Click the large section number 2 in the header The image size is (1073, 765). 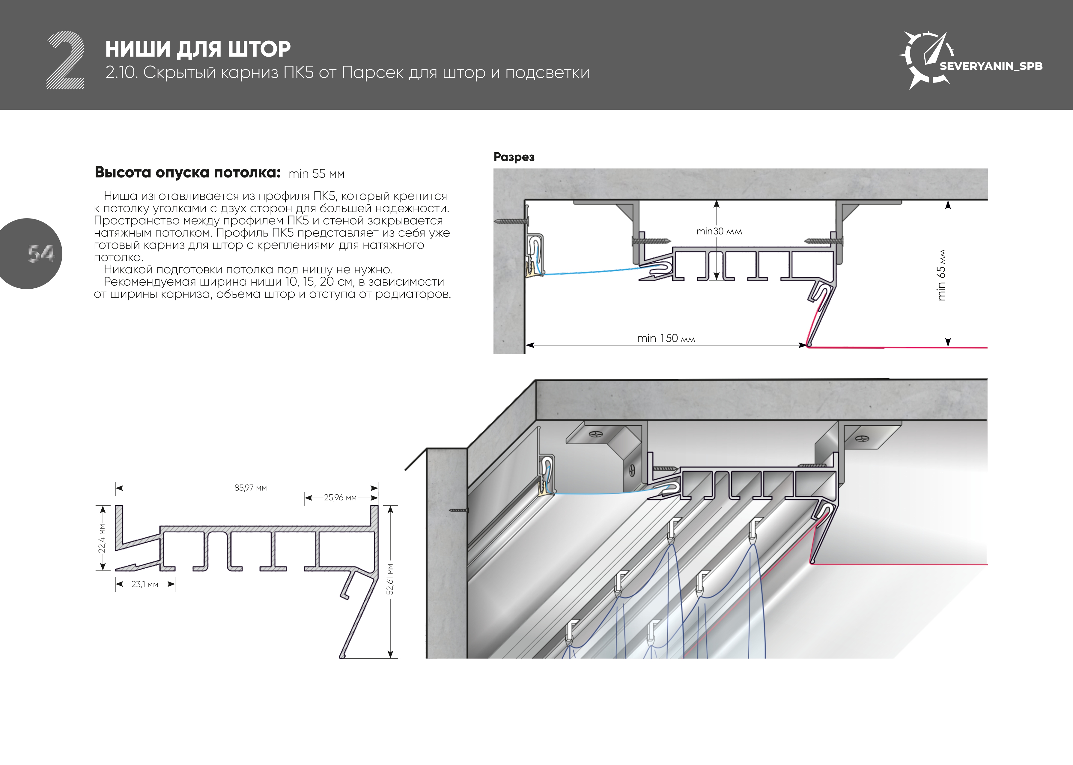click(x=65, y=60)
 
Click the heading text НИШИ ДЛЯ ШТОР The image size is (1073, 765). click(x=198, y=49)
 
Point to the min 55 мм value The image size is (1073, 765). click(x=317, y=174)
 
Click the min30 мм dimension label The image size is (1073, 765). click(x=719, y=231)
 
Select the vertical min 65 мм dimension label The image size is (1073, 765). click(x=941, y=275)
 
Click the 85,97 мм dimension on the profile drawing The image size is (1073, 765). click(x=251, y=488)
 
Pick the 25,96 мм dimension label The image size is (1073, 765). click(x=340, y=497)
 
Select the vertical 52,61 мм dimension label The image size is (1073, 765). click(x=390, y=579)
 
